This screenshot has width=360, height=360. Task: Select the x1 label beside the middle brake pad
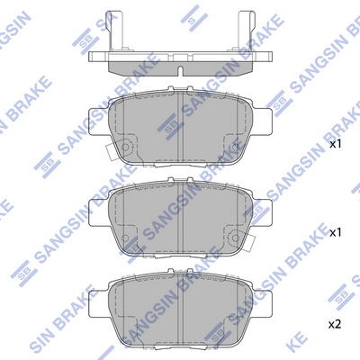(336, 231)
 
